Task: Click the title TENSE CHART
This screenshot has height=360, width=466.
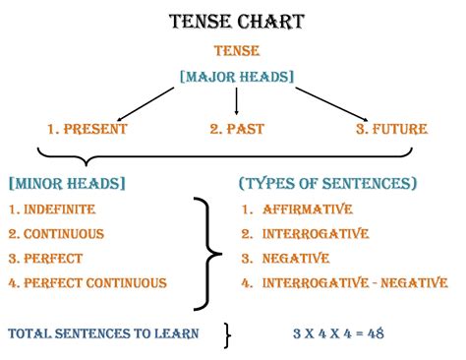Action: point(235,21)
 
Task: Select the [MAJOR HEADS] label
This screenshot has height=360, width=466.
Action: point(236,76)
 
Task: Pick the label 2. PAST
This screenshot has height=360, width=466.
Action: point(238,129)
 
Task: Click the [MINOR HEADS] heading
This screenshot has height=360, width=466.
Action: point(66,184)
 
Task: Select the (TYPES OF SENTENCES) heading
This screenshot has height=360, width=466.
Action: point(327,184)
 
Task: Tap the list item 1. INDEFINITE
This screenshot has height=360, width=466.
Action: point(55,210)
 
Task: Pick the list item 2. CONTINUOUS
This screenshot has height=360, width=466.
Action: point(57,234)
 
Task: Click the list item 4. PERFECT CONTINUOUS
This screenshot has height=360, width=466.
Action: point(87,283)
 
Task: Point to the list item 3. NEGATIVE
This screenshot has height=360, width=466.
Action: point(286,259)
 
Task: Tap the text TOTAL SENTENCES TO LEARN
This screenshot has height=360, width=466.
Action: point(103,334)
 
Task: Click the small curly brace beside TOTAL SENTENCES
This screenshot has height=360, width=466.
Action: point(227,334)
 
